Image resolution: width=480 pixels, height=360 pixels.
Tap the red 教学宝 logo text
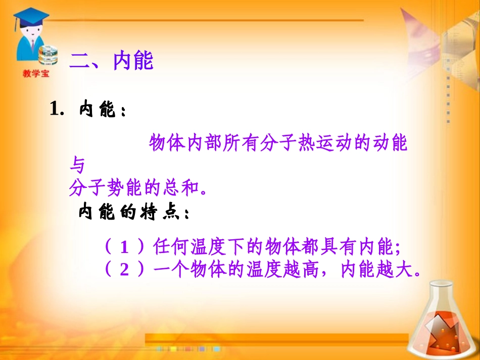(36, 74)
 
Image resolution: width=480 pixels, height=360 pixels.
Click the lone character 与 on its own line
(77, 166)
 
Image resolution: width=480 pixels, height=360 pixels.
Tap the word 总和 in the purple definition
(177, 188)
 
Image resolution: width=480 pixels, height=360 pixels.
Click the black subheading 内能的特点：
(134, 212)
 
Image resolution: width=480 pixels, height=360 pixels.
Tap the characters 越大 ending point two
(395, 270)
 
